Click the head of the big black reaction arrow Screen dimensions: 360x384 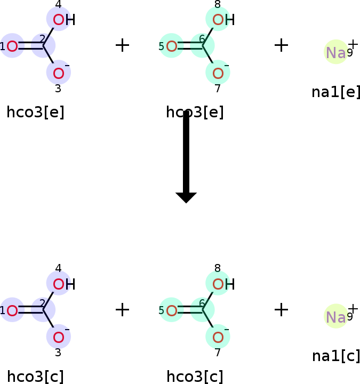click(x=186, y=198)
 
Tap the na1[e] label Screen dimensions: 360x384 click(x=336, y=92)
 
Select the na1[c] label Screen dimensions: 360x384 click(x=336, y=356)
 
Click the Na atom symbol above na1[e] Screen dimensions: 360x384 click(x=336, y=52)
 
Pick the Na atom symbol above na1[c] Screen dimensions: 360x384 click(x=336, y=317)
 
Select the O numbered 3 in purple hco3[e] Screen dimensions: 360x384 click(x=59, y=73)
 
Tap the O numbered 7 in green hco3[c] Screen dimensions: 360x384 click(x=218, y=337)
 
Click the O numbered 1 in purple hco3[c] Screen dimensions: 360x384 click(x=12, y=310)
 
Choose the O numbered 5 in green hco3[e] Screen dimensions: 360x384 click(x=171, y=46)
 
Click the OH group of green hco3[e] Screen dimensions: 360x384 click(x=223, y=20)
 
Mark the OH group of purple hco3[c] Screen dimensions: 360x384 click(x=64, y=284)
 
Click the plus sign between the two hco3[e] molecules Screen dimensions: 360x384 click(x=122, y=45)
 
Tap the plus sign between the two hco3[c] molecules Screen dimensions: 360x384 click(x=122, y=310)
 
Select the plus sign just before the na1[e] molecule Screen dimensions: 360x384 click(x=281, y=45)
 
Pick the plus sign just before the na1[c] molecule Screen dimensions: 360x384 click(x=281, y=310)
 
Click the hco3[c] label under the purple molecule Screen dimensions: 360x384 click(x=36, y=377)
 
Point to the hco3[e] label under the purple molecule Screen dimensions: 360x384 click(x=36, y=112)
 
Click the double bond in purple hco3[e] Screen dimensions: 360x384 click(x=30, y=46)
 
